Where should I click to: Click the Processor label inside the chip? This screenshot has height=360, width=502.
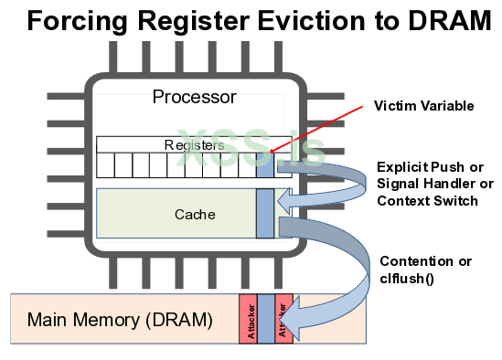194,97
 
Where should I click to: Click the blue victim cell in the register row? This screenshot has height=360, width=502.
265,165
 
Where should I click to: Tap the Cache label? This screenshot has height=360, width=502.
195,215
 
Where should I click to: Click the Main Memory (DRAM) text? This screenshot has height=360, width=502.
120,321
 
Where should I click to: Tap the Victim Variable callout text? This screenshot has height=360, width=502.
423,106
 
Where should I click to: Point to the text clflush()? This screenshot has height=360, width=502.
412,277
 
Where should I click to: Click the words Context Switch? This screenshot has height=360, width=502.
426,201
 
